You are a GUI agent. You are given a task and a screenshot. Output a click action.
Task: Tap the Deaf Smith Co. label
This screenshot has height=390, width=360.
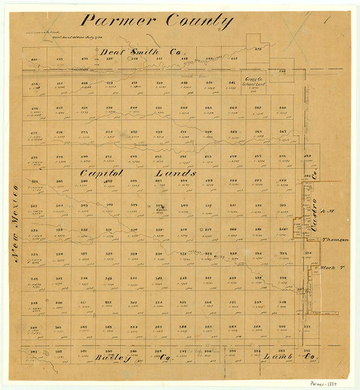coord(131,52)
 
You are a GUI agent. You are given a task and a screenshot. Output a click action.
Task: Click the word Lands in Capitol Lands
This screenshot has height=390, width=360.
coord(175,173)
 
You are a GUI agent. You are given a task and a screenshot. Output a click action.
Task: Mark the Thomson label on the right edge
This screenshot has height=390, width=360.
coord(336,239)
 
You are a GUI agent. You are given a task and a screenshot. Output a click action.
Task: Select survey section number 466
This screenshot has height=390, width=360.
coord(282,107)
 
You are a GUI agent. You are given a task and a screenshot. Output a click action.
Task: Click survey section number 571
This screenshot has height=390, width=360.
coord(307,326)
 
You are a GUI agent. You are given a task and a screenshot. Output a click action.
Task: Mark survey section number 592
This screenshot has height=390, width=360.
coord(308,351)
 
